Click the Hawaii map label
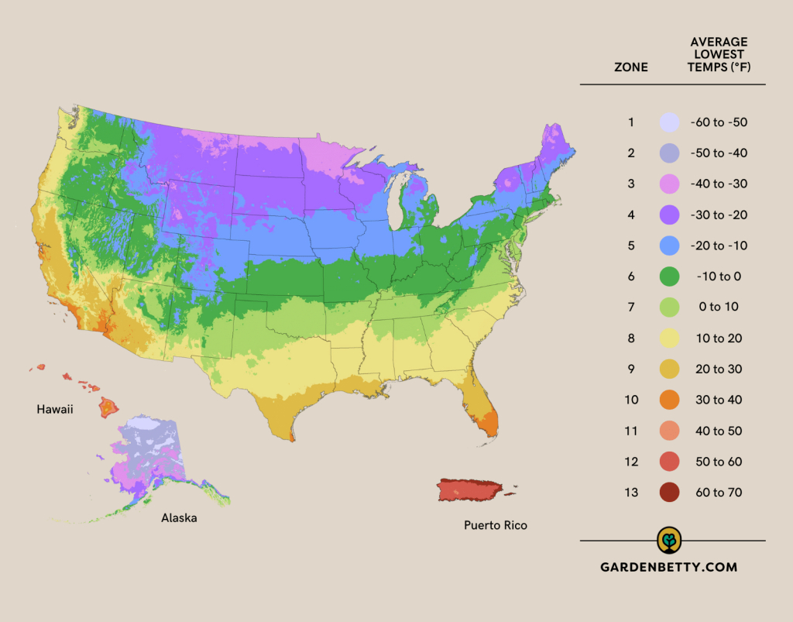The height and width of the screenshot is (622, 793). click(54, 409)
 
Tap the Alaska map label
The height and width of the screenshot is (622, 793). click(179, 517)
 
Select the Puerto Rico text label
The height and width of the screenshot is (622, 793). click(496, 525)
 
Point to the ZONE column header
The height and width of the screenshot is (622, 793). click(631, 67)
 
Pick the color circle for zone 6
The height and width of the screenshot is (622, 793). click(669, 277)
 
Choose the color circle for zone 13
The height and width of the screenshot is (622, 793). click(669, 493)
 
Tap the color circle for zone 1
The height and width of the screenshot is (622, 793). click(669, 122)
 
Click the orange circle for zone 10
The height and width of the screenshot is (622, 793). click(669, 400)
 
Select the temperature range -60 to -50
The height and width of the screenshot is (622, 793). click(718, 122)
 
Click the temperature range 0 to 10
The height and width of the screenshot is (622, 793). click(718, 308)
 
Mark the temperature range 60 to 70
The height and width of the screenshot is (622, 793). click(718, 493)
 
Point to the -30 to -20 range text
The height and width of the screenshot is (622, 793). click(718, 215)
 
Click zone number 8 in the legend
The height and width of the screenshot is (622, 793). click(631, 338)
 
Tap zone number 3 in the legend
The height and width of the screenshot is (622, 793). click(631, 184)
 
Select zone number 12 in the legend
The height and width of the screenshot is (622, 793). click(631, 462)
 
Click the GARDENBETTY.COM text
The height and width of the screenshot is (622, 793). click(669, 567)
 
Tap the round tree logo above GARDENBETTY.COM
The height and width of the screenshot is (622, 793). click(669, 539)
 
